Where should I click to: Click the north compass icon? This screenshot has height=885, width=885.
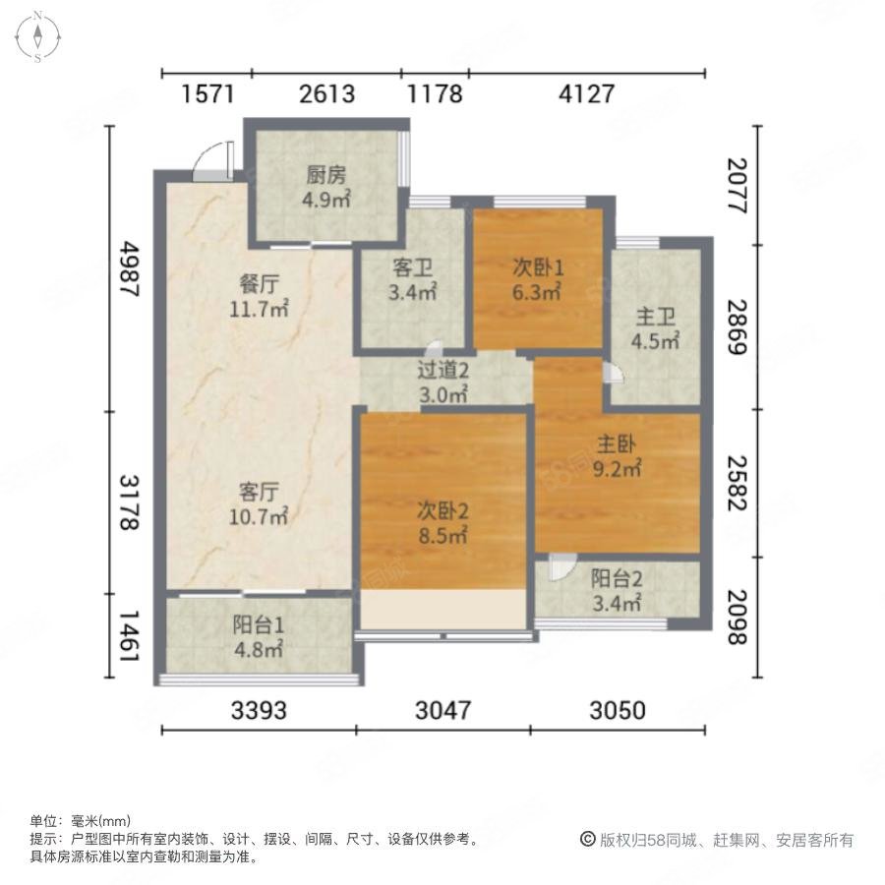coord(37,36)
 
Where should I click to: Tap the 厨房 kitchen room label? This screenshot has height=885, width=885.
coord(325,175)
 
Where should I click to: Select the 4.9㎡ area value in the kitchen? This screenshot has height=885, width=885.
coord(325,200)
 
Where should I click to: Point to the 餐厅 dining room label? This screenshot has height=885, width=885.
coord(259,284)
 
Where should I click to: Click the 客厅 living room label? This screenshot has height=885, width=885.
coord(259,493)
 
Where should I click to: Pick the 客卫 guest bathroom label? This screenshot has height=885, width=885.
coord(413,267)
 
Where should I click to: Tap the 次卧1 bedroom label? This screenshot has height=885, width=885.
coord(538,266)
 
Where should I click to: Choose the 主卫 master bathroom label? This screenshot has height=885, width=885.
coord(655,317)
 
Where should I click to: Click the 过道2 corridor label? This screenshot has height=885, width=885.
coord(443,371)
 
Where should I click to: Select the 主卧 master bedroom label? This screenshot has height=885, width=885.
coord(617,444)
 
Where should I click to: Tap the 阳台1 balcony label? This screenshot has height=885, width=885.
coord(259,624)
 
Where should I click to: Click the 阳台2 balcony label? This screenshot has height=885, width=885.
coord(617,578)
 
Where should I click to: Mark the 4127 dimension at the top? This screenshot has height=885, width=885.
coord(586,93)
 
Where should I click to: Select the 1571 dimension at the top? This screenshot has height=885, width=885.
coord(207,93)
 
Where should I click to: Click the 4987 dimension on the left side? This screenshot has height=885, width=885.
coord(129,268)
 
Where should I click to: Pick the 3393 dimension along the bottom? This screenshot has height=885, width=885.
coord(259,710)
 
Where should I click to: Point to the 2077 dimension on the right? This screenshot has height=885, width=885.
coord(737,186)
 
